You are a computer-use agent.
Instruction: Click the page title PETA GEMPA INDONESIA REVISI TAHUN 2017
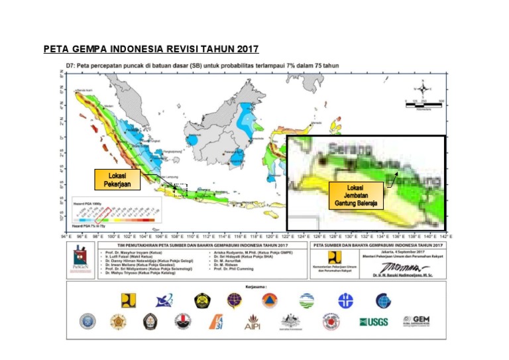coord(150,49)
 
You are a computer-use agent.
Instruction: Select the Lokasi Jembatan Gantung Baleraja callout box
coord(357,197)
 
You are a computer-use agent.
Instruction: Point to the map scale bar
coord(424,103)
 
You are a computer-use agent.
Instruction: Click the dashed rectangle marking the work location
coord(181,190)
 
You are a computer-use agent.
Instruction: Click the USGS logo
coord(373,322)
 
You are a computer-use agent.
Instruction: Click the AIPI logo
coord(253,322)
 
